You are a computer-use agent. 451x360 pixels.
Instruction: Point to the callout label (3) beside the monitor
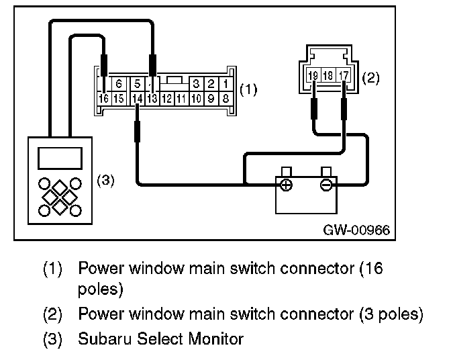pyautogui.click(x=107, y=181)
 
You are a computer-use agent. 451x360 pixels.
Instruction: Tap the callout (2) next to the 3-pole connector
pyautogui.click(x=371, y=78)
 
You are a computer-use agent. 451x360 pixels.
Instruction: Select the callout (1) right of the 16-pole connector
pyautogui.click(x=248, y=88)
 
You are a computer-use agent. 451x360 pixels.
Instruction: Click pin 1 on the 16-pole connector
pyautogui.click(x=226, y=85)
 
